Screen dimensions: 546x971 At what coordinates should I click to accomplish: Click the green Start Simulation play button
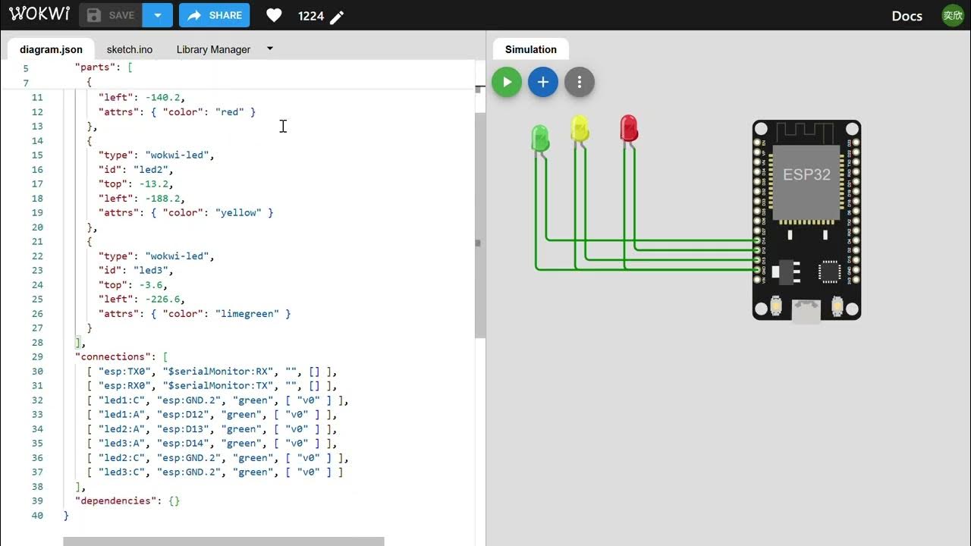[x=507, y=82]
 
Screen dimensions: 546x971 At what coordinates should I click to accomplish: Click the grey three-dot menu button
[x=580, y=82]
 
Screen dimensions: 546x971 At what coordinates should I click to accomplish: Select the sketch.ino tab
[x=130, y=49]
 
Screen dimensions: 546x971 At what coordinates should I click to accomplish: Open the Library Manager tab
[x=213, y=49]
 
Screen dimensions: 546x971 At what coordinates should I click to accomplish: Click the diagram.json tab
[x=51, y=49]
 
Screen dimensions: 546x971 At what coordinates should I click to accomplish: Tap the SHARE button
[x=215, y=15]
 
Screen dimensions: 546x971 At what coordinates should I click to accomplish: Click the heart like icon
[x=275, y=15]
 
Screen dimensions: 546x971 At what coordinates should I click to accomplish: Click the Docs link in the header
[x=907, y=16]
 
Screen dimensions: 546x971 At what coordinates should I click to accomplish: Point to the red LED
[x=629, y=128]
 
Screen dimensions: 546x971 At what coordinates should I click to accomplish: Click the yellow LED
[x=580, y=129]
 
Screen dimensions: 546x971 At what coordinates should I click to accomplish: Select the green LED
[x=540, y=138]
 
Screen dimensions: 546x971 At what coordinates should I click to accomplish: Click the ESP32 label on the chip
[x=806, y=174]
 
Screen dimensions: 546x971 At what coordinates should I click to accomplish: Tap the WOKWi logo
[x=39, y=14]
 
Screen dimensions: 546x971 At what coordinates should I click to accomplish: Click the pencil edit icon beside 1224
[x=338, y=17]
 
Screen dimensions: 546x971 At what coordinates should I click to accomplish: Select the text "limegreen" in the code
[x=247, y=313]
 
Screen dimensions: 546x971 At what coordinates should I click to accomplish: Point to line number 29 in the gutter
[x=37, y=356]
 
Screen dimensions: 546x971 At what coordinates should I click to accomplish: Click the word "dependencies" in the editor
[x=113, y=500]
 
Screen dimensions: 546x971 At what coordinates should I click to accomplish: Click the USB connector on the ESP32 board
[x=806, y=310]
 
